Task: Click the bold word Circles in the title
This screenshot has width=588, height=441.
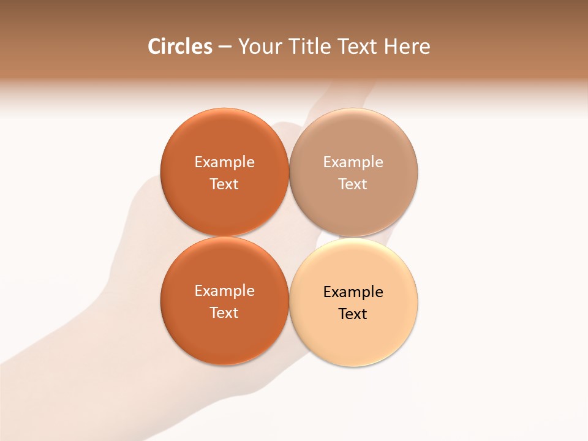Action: point(179,47)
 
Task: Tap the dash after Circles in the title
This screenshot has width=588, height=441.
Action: point(224,47)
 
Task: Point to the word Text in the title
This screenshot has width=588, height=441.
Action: point(358,47)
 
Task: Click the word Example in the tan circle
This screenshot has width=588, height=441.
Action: point(353,162)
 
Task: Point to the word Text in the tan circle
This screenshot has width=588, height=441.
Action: point(353,184)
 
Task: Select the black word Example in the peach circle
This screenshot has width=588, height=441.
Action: point(353,292)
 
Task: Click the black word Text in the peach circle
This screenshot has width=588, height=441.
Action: point(353,314)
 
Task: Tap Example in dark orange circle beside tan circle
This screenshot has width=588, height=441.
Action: point(224,162)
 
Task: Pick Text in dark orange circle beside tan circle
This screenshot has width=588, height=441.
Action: point(224,184)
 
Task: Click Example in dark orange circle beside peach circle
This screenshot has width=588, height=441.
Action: point(224,291)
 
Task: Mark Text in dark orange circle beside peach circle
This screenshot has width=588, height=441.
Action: point(224,312)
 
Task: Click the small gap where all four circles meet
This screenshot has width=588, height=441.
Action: point(289,237)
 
